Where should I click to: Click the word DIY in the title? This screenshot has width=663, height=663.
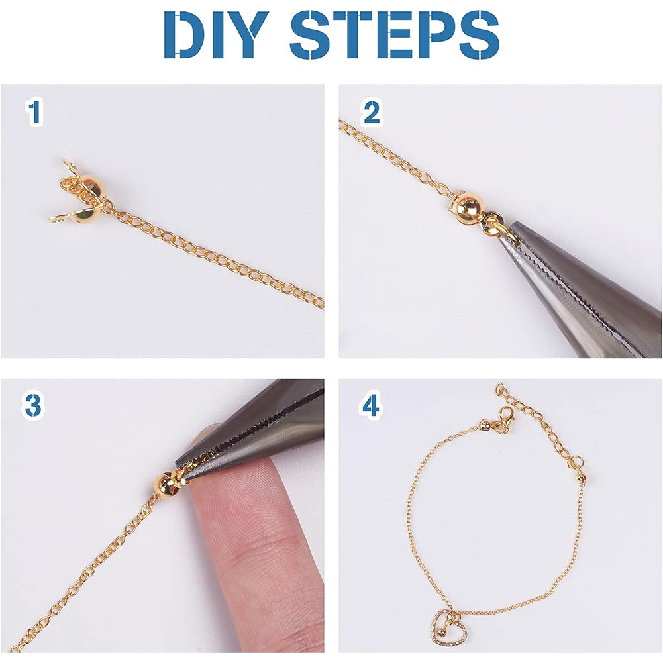click(216, 35)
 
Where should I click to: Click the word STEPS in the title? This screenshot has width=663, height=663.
click(395, 35)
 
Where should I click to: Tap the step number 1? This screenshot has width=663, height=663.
click(34, 112)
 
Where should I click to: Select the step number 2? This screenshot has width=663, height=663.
click(372, 112)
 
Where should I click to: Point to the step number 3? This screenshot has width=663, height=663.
click(33, 405)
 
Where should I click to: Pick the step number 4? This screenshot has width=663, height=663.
click(371, 405)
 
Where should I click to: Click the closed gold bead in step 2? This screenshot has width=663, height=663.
click(467, 207)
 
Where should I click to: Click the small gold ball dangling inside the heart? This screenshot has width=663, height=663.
click(441, 633)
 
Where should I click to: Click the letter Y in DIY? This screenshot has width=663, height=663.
click(248, 35)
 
